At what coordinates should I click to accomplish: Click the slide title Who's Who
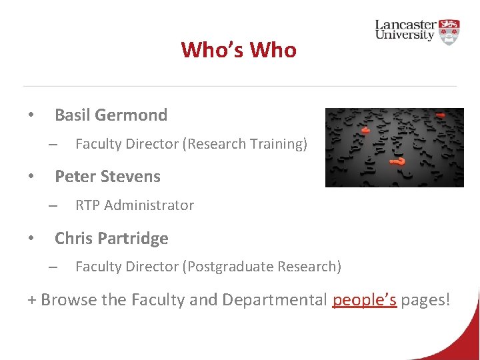239,50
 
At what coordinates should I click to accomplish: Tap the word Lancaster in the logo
407,25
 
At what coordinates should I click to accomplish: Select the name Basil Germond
111,115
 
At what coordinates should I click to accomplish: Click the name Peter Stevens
107,177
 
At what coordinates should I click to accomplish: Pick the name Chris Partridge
111,238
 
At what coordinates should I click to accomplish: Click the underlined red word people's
364,300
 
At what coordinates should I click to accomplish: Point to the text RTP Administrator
135,205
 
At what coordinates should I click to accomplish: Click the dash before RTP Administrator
53,206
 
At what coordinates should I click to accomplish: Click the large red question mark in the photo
399,161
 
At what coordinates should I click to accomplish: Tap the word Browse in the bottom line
69,300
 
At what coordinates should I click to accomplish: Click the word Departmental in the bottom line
275,300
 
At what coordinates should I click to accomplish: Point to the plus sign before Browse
31,301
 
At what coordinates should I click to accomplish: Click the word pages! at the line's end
425,300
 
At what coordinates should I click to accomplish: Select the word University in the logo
405,35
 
